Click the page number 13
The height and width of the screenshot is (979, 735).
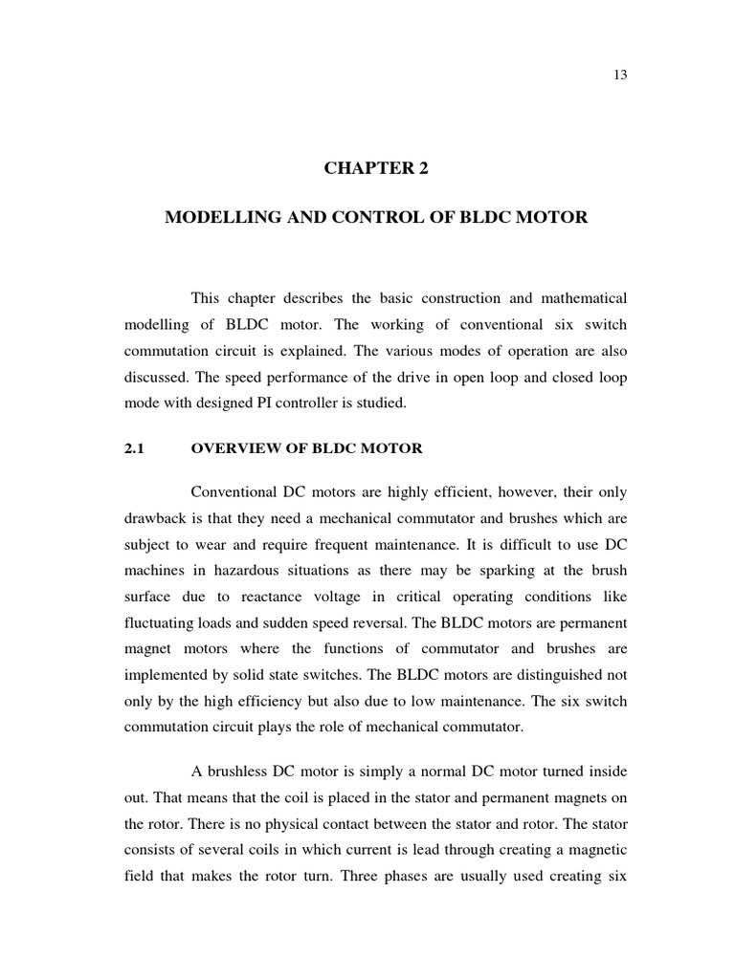click(x=620, y=76)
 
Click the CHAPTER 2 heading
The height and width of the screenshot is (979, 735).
click(x=376, y=169)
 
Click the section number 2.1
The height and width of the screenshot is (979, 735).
click(x=133, y=448)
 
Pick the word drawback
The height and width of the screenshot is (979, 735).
click(x=155, y=519)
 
